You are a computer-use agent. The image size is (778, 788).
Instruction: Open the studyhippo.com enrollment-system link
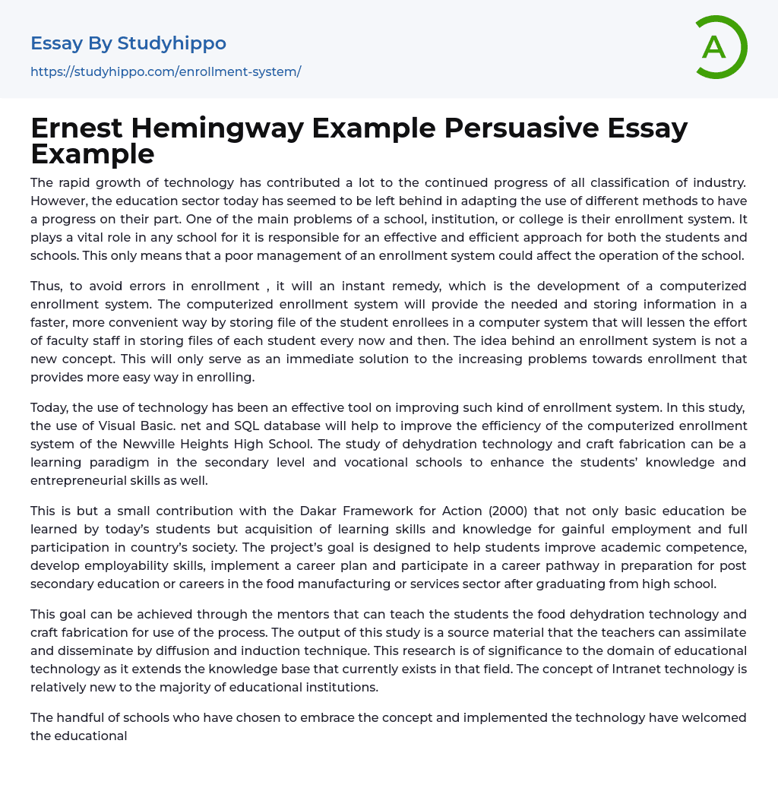166,71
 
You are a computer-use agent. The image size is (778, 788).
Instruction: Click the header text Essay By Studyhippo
128,43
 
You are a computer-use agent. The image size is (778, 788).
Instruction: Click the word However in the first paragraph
58,201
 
